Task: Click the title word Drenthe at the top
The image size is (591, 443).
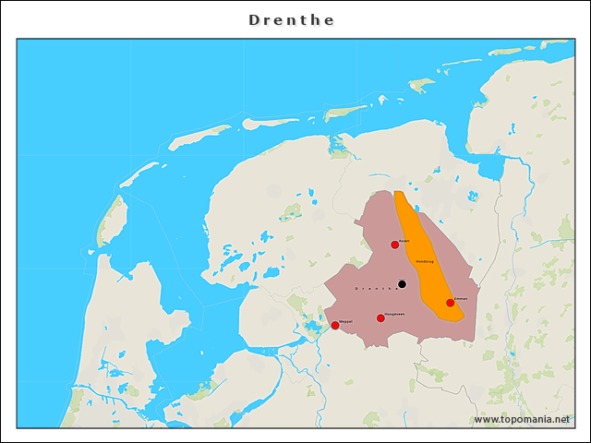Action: (x=292, y=19)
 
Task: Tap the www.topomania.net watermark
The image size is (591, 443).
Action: (x=522, y=419)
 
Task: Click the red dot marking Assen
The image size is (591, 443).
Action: (x=395, y=245)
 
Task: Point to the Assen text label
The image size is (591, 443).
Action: (x=404, y=240)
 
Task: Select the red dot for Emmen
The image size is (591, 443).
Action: (x=451, y=303)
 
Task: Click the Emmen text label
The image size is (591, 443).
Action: (x=461, y=298)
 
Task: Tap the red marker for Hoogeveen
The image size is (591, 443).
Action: (x=380, y=318)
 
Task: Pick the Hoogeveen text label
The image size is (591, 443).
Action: (x=392, y=314)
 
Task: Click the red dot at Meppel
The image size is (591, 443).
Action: (x=335, y=325)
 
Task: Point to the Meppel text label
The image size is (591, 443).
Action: (x=345, y=320)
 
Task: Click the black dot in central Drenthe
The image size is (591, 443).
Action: (x=402, y=284)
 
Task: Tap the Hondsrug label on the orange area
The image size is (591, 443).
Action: (x=425, y=261)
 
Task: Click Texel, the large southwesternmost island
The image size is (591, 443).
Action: (x=112, y=221)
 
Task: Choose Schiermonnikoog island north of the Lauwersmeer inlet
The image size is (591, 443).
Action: (x=345, y=112)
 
